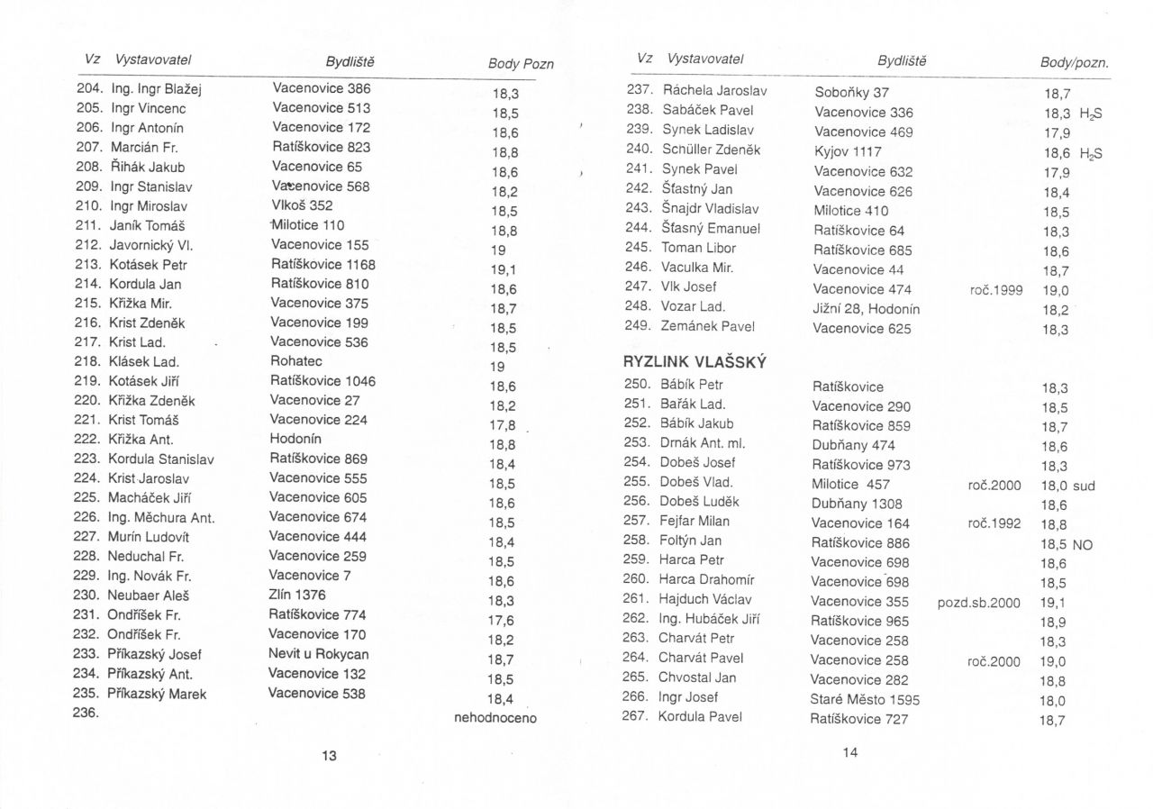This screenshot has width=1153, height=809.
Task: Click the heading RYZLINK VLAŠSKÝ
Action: (695, 362)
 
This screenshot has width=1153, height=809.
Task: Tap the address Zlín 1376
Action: (298, 595)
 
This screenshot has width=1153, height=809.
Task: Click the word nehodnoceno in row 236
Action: (497, 719)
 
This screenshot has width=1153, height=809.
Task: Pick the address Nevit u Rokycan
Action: (319, 654)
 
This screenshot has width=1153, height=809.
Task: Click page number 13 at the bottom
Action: (329, 756)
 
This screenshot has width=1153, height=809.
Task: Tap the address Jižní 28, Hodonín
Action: (866, 309)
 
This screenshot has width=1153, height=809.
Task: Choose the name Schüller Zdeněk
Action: (712, 151)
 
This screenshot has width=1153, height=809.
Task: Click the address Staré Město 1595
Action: (860, 699)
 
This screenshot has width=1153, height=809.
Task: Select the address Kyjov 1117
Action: (848, 151)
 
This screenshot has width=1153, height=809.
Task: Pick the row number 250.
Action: (636, 385)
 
